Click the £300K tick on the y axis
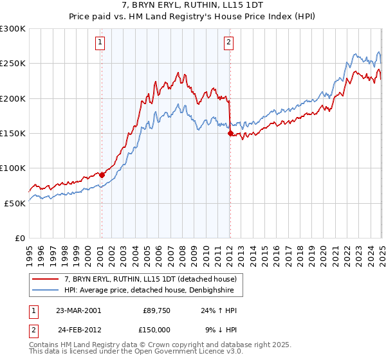[x=13, y=29]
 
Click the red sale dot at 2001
[x=102, y=174]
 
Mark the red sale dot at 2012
[x=230, y=133]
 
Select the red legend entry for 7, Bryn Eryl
[x=151, y=278]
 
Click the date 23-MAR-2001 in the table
[x=78, y=310]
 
